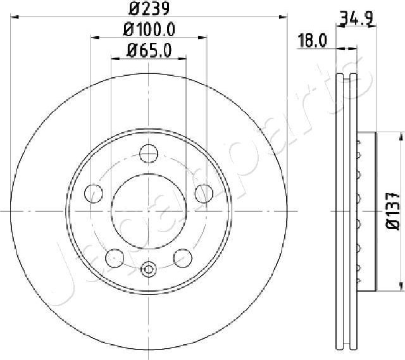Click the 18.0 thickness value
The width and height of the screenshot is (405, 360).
312,42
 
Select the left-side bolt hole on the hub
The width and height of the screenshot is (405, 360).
93,193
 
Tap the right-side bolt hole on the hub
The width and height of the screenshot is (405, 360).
204,193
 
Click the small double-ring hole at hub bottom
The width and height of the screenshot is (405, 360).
149,270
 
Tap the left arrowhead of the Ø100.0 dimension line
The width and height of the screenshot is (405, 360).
96,37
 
